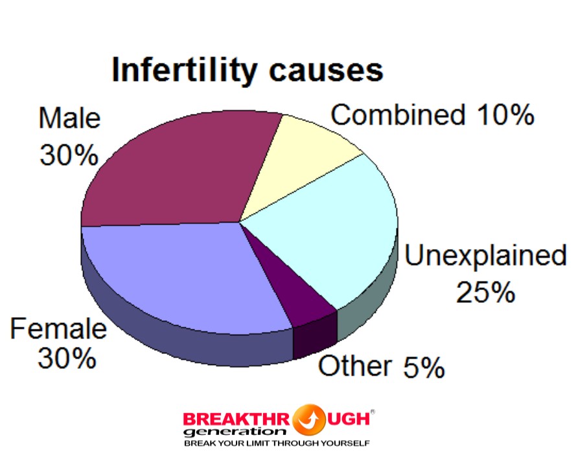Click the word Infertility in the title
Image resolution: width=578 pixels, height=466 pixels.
(184, 71)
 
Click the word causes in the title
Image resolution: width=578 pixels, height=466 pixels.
(326, 71)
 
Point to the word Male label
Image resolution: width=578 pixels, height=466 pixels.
(69, 118)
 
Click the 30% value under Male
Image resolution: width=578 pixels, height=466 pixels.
(69, 155)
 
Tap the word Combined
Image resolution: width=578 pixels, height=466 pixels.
(398, 115)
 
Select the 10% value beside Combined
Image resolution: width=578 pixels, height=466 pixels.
(505, 115)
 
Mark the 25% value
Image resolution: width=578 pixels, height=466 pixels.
(485, 293)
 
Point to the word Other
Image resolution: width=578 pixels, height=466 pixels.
(354, 366)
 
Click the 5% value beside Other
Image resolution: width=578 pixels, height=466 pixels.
(424, 367)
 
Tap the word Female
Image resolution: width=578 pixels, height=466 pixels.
(58, 329)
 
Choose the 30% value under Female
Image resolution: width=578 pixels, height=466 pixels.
(67, 358)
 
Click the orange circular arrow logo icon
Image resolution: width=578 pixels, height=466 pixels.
(309, 420)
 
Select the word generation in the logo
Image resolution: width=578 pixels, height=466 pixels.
(235, 432)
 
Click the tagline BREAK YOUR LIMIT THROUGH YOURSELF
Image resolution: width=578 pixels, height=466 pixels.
(277, 443)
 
